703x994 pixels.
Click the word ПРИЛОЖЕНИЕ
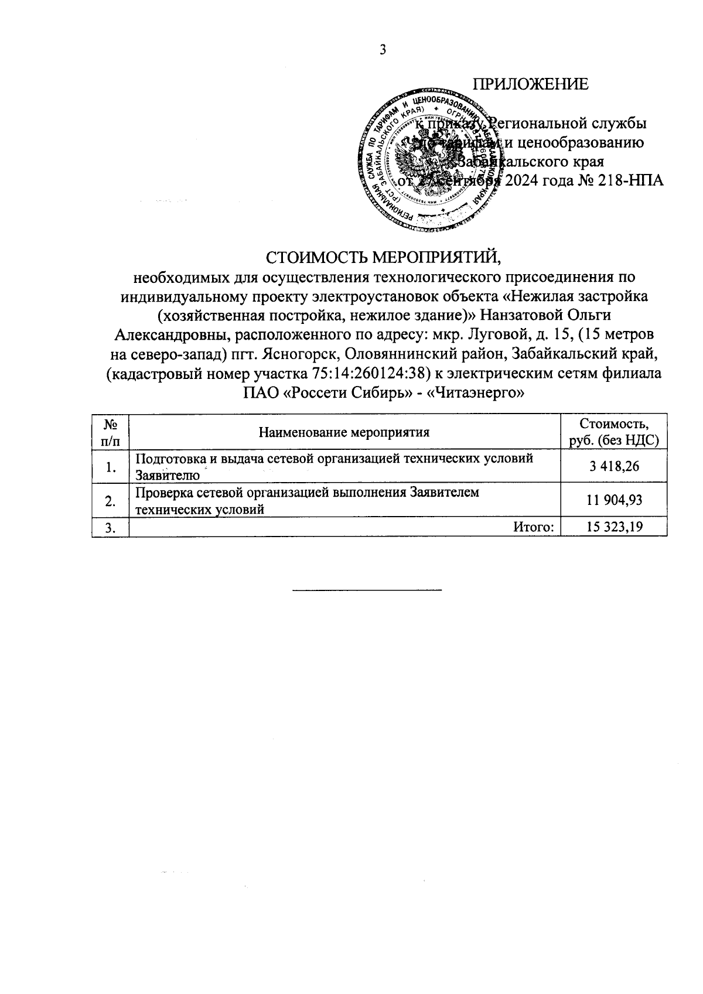click(531, 84)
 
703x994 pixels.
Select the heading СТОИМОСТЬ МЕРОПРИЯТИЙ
click(385, 257)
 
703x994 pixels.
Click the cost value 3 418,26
click(614, 466)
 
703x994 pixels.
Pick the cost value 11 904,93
click(614, 500)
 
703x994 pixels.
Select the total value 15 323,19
click(614, 527)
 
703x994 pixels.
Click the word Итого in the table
click(533, 527)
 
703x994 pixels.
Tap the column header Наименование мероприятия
click(344, 433)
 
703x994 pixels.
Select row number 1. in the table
click(110, 467)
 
